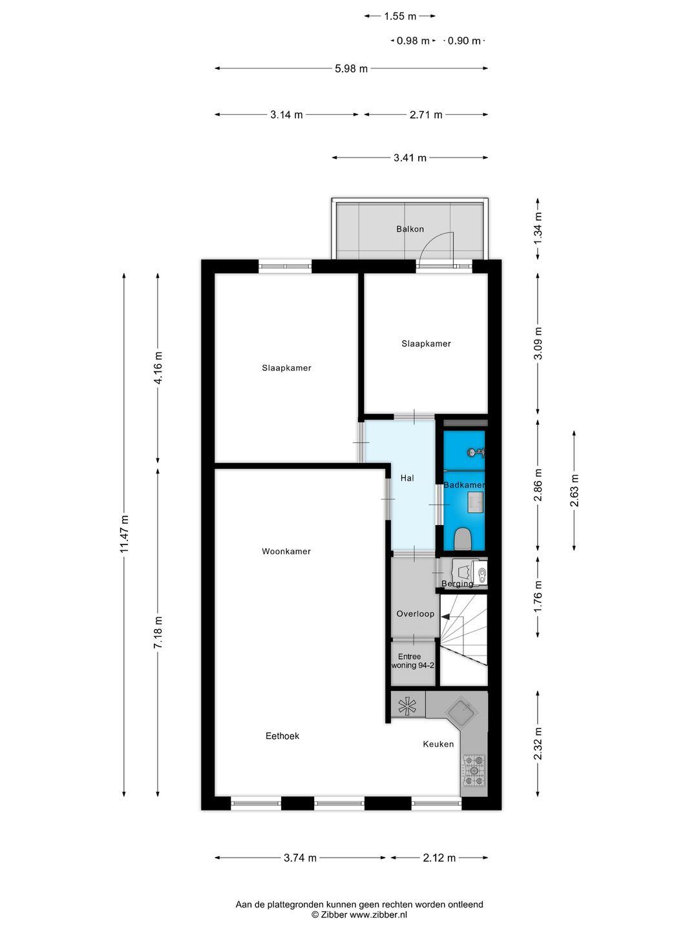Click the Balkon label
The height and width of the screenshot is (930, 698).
(x=410, y=229)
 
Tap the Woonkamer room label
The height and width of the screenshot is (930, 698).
(x=286, y=552)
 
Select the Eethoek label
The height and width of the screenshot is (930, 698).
(x=282, y=736)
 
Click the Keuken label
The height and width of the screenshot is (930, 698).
(x=438, y=744)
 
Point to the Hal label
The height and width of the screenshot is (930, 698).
(x=407, y=478)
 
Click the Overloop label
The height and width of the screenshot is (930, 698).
(x=415, y=614)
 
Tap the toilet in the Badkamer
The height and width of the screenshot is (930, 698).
(x=462, y=538)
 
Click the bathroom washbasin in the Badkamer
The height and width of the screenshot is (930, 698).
(x=476, y=502)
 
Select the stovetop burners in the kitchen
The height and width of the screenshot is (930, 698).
(x=474, y=771)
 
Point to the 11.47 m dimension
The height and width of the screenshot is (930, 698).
(x=125, y=533)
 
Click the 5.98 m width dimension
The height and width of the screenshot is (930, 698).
(x=351, y=68)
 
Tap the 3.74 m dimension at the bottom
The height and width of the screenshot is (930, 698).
(x=300, y=858)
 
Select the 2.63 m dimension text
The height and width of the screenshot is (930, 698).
(x=575, y=491)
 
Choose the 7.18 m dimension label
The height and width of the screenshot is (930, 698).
(x=158, y=633)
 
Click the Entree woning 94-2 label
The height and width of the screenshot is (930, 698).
(x=412, y=661)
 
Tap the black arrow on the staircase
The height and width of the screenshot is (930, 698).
(x=445, y=617)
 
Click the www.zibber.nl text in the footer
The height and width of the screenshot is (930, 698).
(x=378, y=914)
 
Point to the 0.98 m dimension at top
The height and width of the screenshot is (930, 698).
(x=413, y=41)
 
